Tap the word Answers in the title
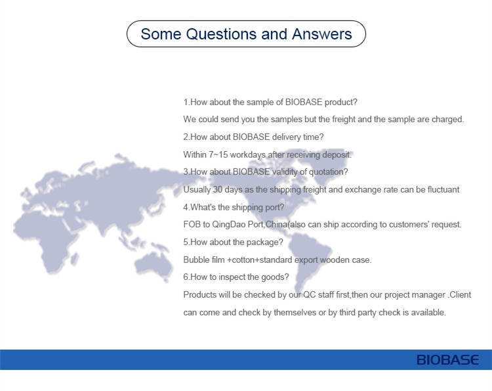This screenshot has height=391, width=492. click(322, 34)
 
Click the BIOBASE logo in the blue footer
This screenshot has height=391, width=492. click(448, 360)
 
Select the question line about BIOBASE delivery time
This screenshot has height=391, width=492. click(253, 137)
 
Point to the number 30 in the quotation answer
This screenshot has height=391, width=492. click(217, 189)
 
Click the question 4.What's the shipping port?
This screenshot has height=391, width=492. click(234, 207)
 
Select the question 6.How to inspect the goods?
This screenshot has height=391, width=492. click(236, 277)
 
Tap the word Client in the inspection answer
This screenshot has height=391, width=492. click(461, 295)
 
